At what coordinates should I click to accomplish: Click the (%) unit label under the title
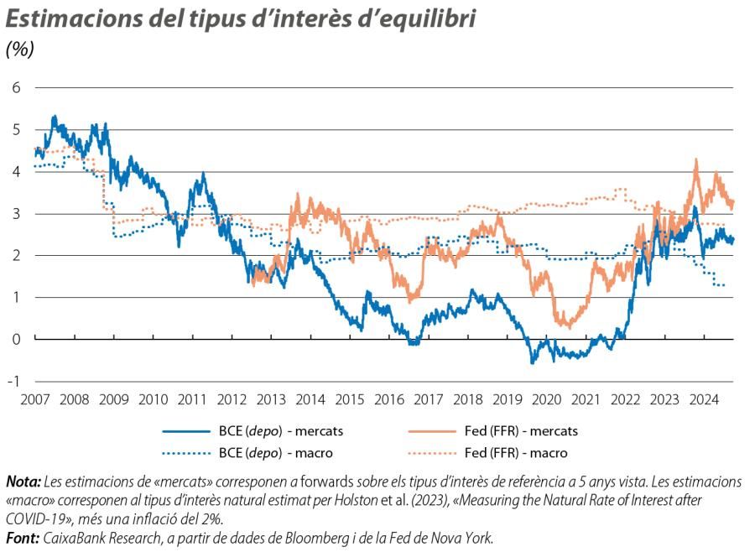pyautogui.click(x=20, y=49)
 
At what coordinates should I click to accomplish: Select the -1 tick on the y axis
pyautogui.click(x=14, y=381)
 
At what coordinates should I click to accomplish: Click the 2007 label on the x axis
pyautogui.click(x=34, y=398)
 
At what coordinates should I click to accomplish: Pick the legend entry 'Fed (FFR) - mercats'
pyautogui.click(x=521, y=431)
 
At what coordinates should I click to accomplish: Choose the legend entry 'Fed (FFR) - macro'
pyautogui.click(x=515, y=453)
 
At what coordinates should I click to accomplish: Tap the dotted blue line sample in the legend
pyautogui.click(x=185, y=453)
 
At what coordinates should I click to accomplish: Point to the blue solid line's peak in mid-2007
pyautogui.click(x=54, y=117)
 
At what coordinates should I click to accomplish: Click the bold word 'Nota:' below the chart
pyautogui.click(x=23, y=482)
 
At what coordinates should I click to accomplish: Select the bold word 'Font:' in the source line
pyautogui.click(x=22, y=538)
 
